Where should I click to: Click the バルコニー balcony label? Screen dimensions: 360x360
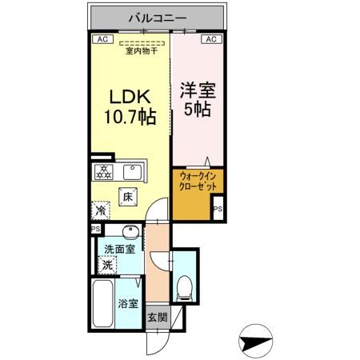click(157, 15)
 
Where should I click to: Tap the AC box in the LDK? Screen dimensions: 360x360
click(102, 38)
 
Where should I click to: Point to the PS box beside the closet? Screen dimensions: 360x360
click(218, 210)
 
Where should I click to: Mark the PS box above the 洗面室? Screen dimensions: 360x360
click(96, 229)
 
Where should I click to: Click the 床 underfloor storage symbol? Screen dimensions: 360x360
click(127, 195)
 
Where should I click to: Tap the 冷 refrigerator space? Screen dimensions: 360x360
click(102, 210)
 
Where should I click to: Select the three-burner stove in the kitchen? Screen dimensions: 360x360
click(103, 170)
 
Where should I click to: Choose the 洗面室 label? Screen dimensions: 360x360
click(109, 250)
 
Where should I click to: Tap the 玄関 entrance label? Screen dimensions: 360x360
click(156, 317)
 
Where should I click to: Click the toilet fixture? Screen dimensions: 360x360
click(184, 286)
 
